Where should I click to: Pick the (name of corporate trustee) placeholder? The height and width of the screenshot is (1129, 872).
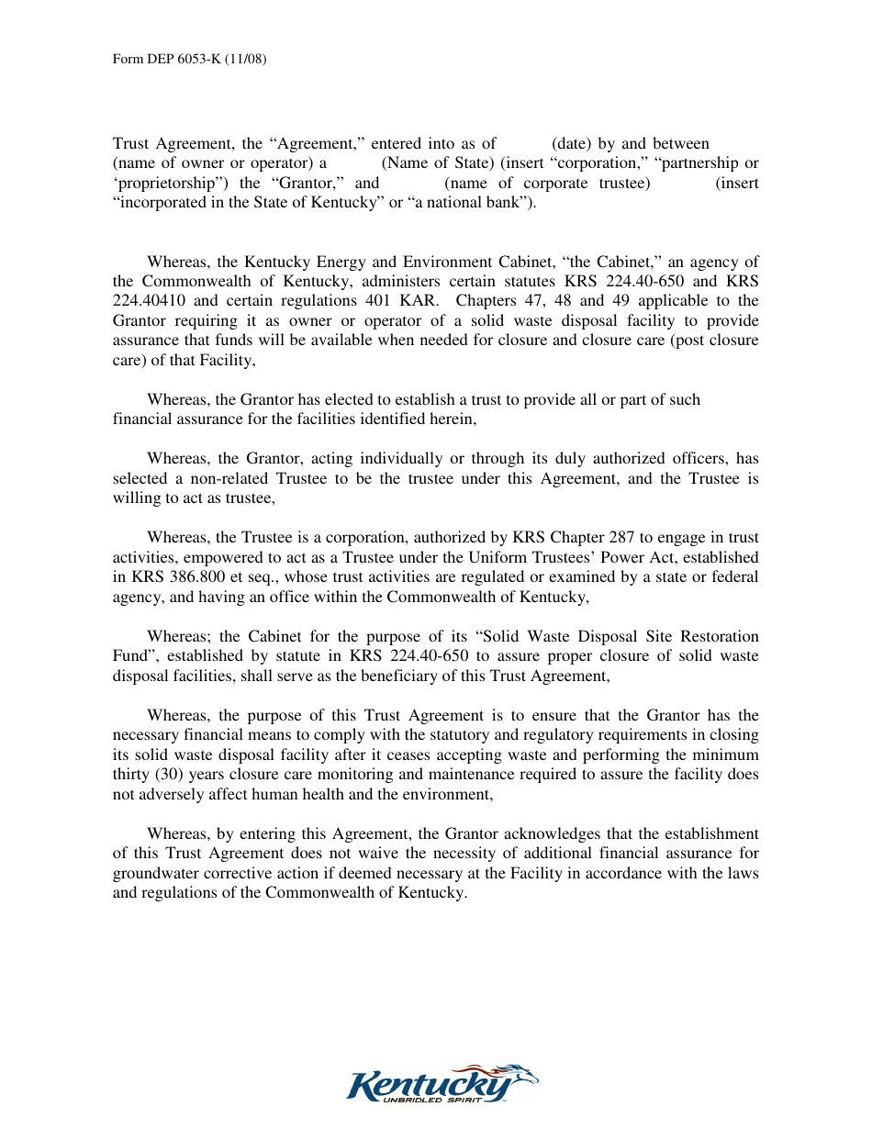tap(547, 184)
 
